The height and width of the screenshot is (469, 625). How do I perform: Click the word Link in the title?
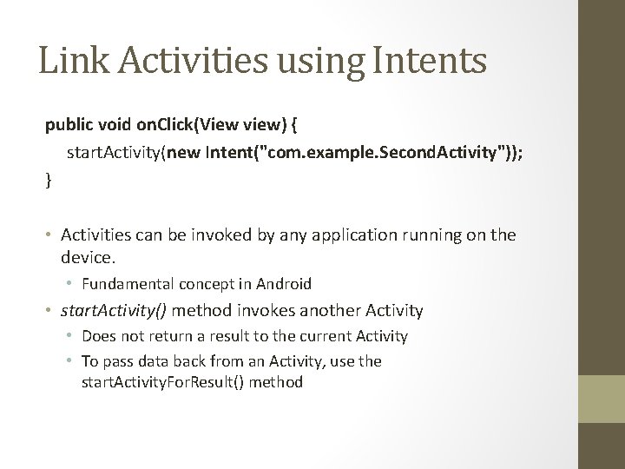[x=69, y=61]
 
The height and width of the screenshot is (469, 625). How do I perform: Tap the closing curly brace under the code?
[x=49, y=181]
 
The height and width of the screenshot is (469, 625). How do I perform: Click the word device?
[x=89, y=257]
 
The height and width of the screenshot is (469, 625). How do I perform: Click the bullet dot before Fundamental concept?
[x=73, y=284]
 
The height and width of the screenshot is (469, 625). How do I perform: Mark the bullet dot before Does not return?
[x=73, y=336]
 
